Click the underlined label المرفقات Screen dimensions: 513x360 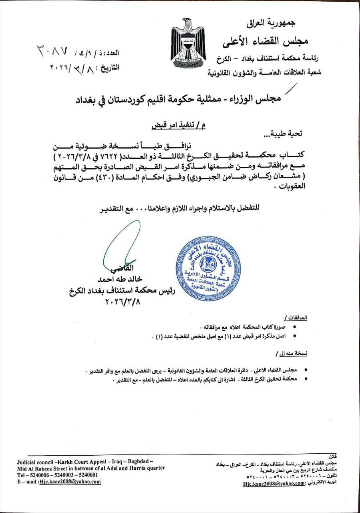click(298, 317)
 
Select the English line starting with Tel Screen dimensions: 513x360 click(58, 475)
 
